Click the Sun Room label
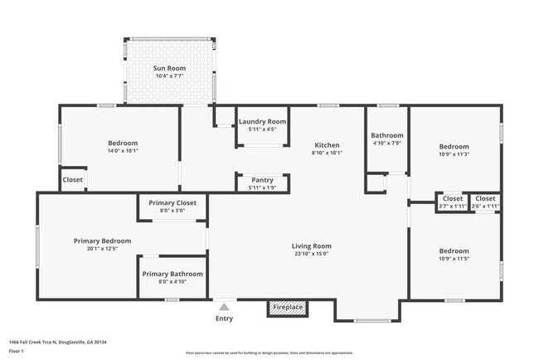pos(169,68)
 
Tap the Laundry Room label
pos(263,122)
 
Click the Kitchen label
pos(326,145)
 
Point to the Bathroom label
pos(386,135)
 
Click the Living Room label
pos(311,246)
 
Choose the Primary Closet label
pos(172,203)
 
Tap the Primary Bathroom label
pos(172,274)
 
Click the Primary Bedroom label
pos(102,241)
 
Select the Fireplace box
pos(288,308)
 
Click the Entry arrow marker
pos(224,306)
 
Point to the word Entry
pos(224,319)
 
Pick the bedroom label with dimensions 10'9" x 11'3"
pos(454,146)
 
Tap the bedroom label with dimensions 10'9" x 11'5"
pos(454,251)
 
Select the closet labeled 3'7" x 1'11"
pos(452,199)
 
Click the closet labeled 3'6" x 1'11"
pos(485,199)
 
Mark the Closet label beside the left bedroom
pos(73,179)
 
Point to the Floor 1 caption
pos(17,351)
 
